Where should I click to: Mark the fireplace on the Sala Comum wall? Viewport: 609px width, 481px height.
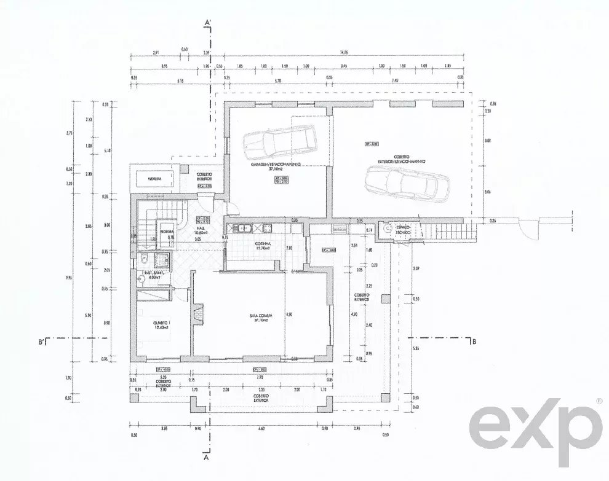(197, 314)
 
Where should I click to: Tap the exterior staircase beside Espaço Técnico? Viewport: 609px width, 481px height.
(437, 233)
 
